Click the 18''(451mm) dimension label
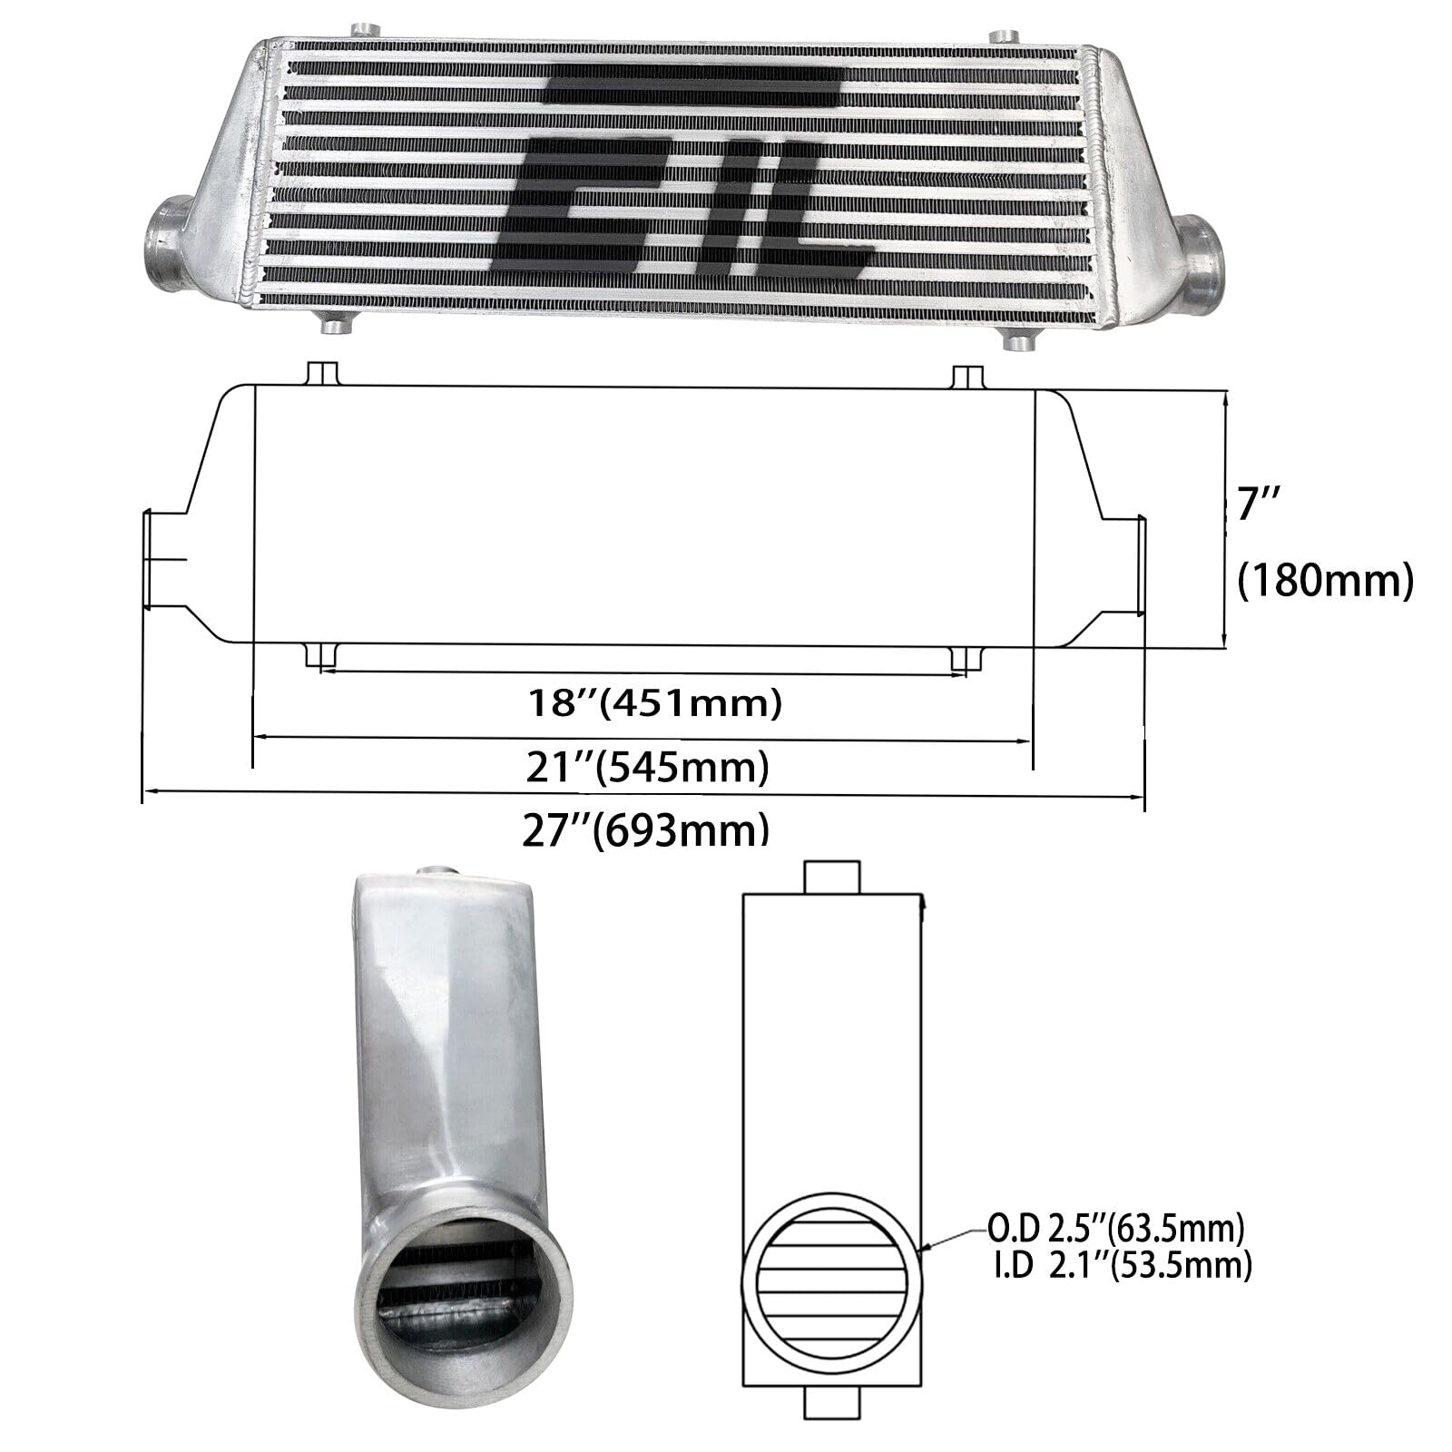pyautogui.click(x=653, y=702)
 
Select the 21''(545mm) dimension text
pyautogui.click(x=648, y=768)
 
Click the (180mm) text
pyautogui.click(x=1326, y=581)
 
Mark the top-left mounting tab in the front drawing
pyautogui.click(x=322, y=375)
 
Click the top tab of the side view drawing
pyautogui.click(x=831, y=877)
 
